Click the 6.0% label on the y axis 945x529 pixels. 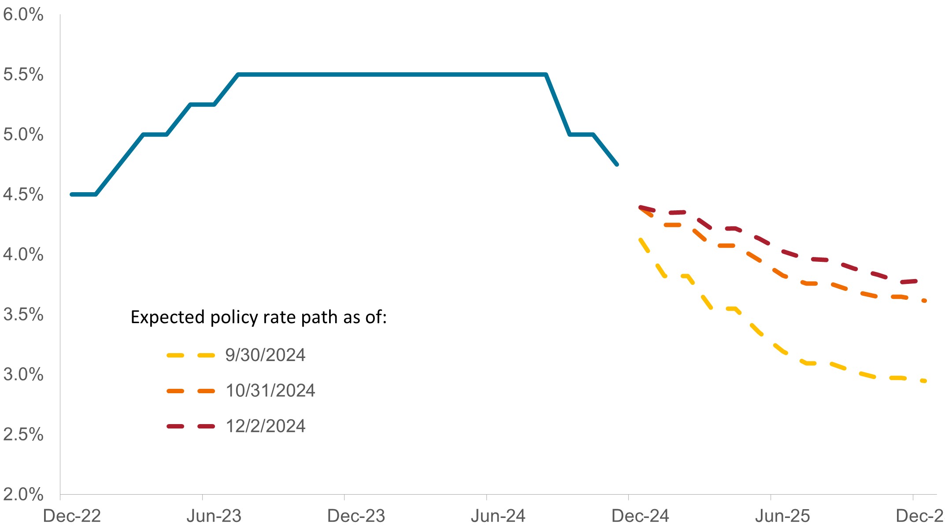(23, 15)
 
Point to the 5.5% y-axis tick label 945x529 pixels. (23, 75)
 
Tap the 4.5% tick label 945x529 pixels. (23, 195)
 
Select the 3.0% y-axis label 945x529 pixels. (23, 375)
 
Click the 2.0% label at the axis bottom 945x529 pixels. (23, 495)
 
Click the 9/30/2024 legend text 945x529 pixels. (265, 355)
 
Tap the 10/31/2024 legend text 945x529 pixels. (270, 391)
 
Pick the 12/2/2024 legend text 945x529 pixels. (265, 426)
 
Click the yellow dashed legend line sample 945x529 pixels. (191, 355)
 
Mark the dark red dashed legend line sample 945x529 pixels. (191, 426)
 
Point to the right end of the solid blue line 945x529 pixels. (617, 164)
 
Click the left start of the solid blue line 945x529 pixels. (72, 194)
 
